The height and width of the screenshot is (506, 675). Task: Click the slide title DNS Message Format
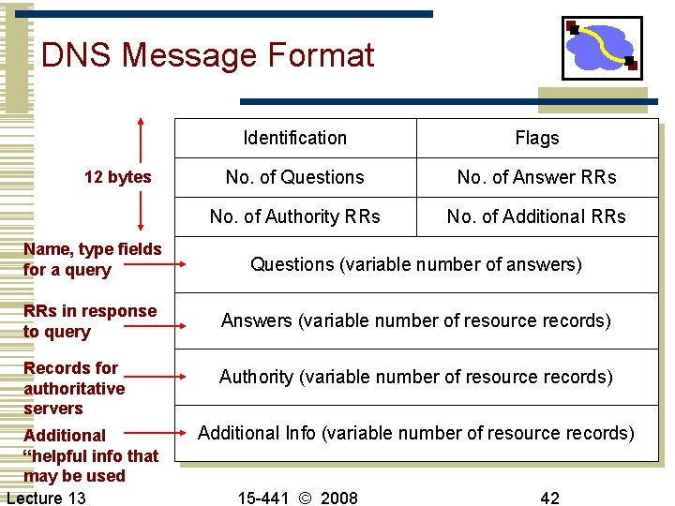207,56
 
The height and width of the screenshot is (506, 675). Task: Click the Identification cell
294,138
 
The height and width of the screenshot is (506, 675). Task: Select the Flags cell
537,138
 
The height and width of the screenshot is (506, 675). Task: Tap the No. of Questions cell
294,177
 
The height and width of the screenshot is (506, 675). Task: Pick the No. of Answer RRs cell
537,177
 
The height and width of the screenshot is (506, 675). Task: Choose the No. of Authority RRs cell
294,216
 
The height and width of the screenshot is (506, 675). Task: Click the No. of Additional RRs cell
537,216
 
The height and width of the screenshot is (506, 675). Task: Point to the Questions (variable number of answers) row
416,264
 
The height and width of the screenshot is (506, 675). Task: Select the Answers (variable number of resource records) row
416,320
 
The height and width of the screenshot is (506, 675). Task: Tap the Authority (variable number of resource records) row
416,377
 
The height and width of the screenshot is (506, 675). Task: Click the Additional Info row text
416,433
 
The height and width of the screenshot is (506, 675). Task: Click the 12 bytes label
117,177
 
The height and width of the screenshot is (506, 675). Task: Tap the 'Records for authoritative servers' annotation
73,388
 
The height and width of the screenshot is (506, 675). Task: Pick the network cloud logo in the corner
602,49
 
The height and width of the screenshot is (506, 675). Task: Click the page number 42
549,498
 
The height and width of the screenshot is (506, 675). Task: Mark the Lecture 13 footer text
46,498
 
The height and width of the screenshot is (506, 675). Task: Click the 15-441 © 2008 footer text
297,498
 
